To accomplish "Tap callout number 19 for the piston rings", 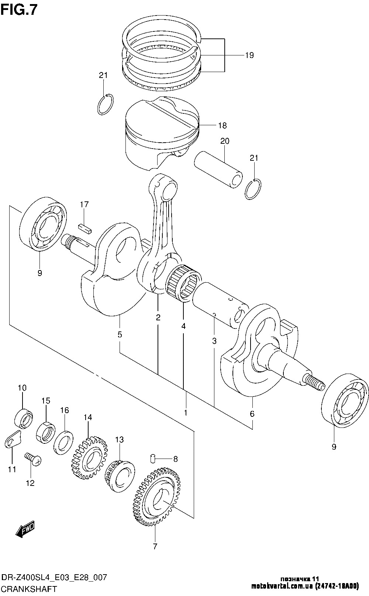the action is tap(249, 55).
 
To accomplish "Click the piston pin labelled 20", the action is tap(218, 170).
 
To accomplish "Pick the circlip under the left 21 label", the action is tap(106, 105).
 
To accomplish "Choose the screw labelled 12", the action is tap(33, 459).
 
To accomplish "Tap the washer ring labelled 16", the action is tap(63, 443).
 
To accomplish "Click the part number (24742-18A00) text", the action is tap(337, 586).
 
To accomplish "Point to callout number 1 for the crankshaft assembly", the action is tap(186, 413).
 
